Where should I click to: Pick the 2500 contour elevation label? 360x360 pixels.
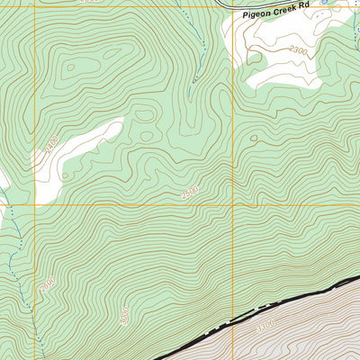point(189,193)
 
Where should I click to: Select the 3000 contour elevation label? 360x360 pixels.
point(123,315)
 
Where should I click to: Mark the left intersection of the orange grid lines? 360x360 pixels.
point(35,205)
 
